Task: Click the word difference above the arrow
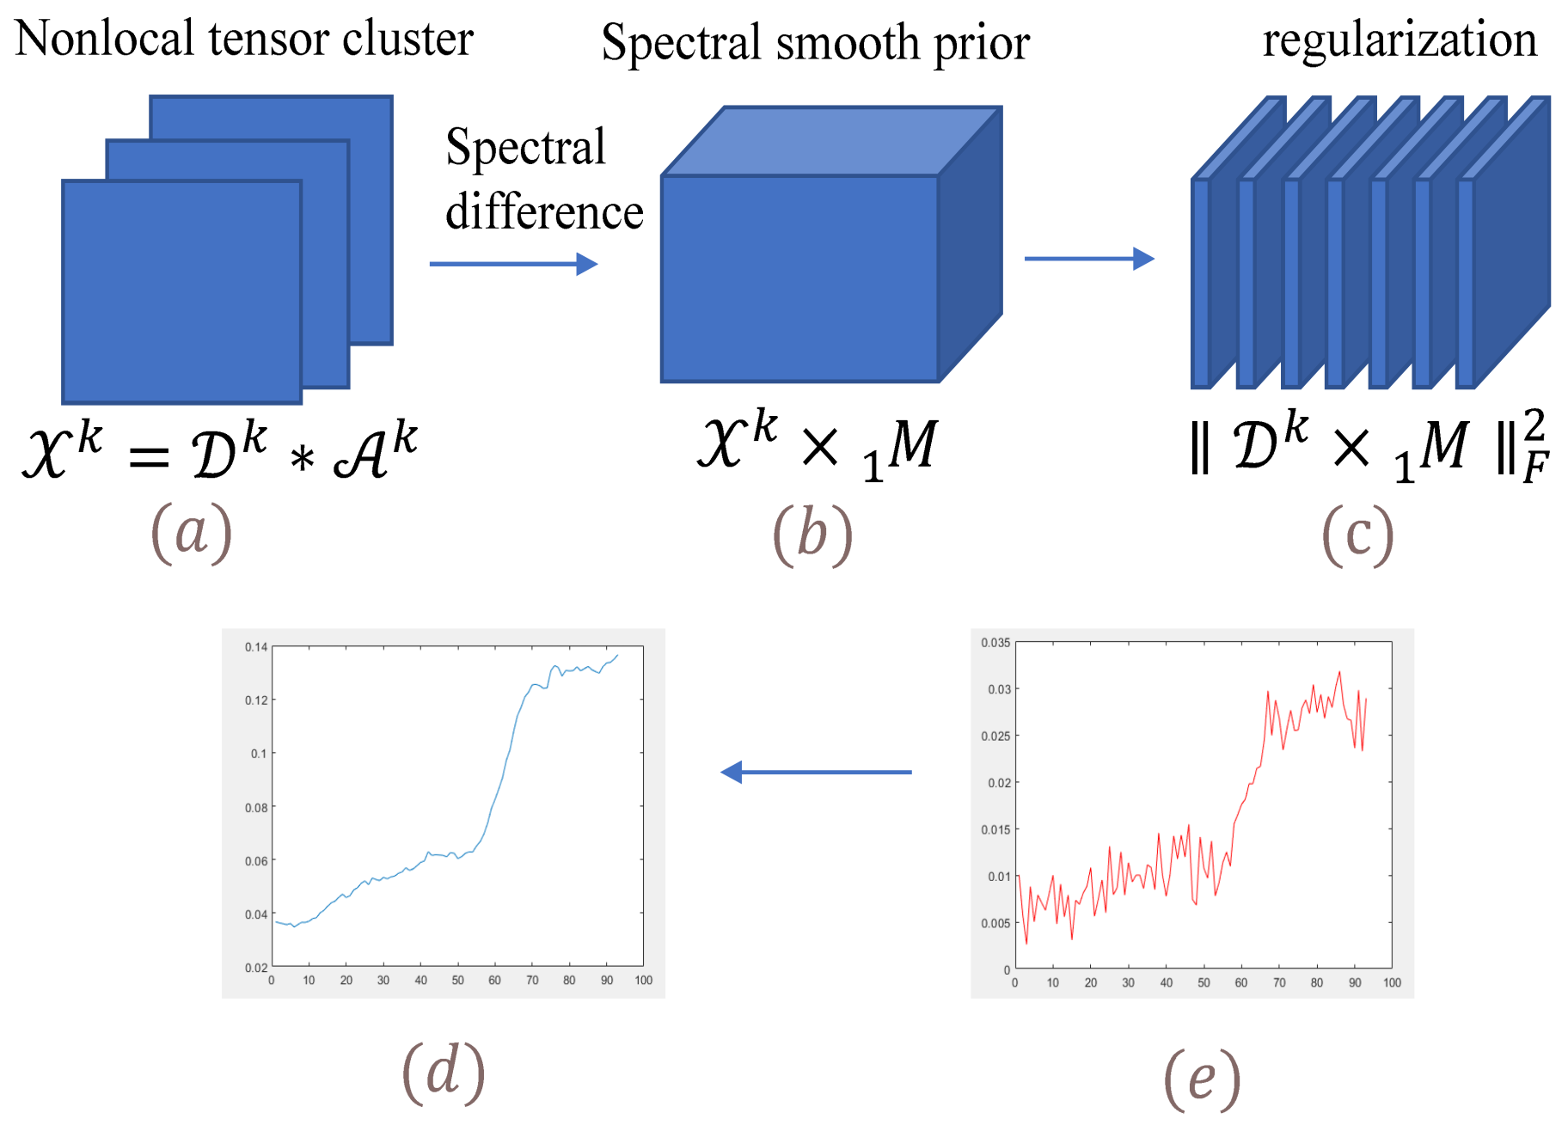[544, 212]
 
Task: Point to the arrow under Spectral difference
[513, 264]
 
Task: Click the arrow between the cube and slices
[1088, 259]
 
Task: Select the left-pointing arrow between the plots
[816, 772]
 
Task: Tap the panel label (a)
[191, 533]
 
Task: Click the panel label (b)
[812, 535]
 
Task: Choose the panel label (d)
[444, 1072]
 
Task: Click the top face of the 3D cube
[830, 141]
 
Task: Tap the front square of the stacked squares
[181, 291]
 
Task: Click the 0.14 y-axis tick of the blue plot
[256, 647]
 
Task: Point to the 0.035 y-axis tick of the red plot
[995, 643]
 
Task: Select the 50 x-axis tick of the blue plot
[458, 981]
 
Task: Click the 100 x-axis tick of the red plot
[1392, 983]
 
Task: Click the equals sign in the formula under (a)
[149, 456]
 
